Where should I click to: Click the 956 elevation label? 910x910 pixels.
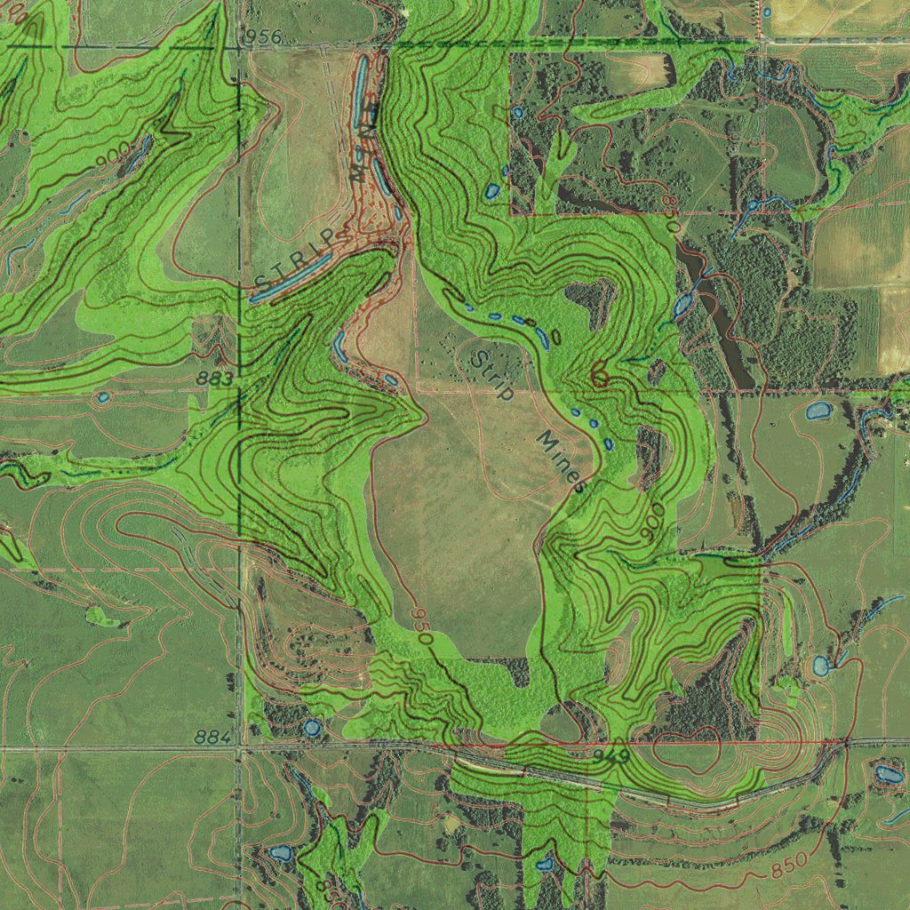(x=261, y=36)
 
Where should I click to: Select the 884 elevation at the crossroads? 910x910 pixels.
(x=212, y=738)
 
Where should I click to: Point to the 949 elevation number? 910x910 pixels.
(x=611, y=756)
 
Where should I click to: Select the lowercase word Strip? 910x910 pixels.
(x=491, y=373)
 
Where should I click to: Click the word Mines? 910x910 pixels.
(x=563, y=462)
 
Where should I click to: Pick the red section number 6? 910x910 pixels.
(x=600, y=377)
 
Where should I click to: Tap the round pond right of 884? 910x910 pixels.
(x=311, y=729)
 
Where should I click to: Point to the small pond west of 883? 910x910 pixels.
(x=103, y=396)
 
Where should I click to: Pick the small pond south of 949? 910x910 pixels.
(x=545, y=863)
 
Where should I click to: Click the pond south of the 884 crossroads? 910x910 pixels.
(x=280, y=854)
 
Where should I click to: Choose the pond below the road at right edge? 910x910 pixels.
(x=888, y=775)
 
